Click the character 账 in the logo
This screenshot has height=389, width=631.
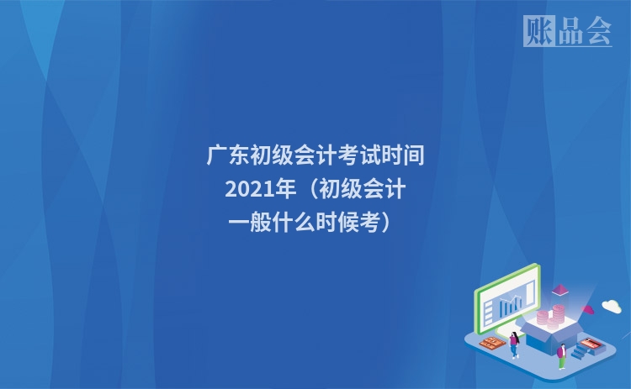pyautogui.click(x=538, y=31)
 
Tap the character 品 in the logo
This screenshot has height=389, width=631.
pyautogui.click(x=567, y=31)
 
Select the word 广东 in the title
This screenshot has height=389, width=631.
pyautogui.click(x=227, y=156)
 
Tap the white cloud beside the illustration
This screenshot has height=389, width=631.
pyautogui.click(x=611, y=306)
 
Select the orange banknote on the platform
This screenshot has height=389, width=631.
pyautogui.click(x=491, y=343)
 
